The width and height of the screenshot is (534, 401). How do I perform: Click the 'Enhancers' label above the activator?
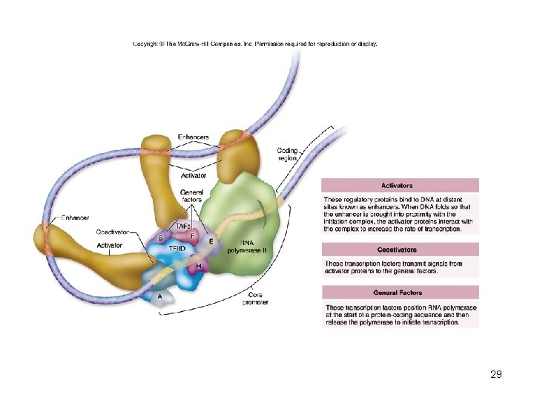click(x=194, y=137)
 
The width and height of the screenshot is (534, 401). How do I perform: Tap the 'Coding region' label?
click(x=287, y=154)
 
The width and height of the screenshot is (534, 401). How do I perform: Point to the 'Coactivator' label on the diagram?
click(x=112, y=232)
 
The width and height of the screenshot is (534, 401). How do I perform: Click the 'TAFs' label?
click(x=183, y=226)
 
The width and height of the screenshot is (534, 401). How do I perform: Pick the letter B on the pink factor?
click(x=160, y=238)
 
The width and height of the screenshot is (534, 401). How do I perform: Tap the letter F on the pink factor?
click(x=193, y=235)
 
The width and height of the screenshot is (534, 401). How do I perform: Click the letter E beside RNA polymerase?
click(x=211, y=241)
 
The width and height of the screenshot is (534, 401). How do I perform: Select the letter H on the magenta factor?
click(x=198, y=266)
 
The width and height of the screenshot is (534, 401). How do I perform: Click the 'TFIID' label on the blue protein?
click(x=177, y=248)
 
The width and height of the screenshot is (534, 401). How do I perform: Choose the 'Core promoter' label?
click(x=254, y=299)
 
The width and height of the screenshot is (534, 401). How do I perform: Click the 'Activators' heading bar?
click(x=400, y=185)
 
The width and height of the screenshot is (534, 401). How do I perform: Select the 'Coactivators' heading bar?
click(x=400, y=250)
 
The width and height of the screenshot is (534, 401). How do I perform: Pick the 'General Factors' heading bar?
click(x=400, y=293)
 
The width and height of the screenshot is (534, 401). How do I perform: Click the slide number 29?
click(x=496, y=374)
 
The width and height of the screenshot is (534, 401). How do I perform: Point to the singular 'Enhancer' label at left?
click(x=73, y=218)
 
